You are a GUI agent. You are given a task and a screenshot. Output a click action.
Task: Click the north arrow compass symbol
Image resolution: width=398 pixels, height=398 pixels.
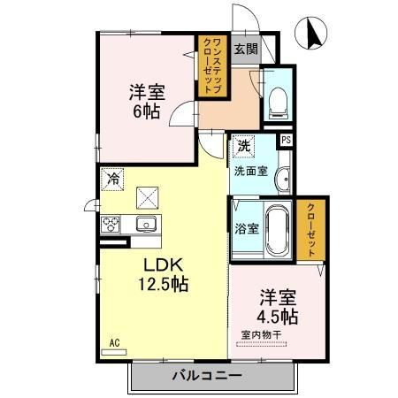(x=310, y=33)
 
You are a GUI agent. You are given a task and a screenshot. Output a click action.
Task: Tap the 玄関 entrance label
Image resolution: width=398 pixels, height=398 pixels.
(x=246, y=49)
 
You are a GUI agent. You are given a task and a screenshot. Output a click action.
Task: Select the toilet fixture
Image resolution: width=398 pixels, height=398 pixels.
(x=278, y=103)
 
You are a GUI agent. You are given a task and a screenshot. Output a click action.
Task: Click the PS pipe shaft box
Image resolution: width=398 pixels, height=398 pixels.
(x=286, y=140)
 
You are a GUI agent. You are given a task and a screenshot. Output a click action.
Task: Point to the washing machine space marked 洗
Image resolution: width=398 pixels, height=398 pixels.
(x=243, y=146)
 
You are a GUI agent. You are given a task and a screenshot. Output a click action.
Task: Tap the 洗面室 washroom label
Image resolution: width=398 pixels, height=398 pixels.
(x=251, y=171)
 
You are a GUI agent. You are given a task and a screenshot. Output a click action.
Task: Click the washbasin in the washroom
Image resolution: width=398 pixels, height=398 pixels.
(x=283, y=179)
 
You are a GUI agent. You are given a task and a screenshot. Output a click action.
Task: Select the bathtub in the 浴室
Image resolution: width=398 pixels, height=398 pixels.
(x=277, y=230)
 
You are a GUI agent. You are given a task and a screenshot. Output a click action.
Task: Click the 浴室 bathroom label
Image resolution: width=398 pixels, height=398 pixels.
(x=247, y=228)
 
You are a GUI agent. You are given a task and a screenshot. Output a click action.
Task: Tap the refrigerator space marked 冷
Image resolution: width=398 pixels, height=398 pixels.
(x=112, y=179)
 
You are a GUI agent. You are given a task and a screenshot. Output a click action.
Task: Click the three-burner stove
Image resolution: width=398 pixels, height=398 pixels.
(x=111, y=225)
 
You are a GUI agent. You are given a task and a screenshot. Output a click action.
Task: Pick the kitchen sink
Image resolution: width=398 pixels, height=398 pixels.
(x=146, y=224)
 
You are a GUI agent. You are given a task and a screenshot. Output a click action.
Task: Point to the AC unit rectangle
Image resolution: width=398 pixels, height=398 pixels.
(x=114, y=352)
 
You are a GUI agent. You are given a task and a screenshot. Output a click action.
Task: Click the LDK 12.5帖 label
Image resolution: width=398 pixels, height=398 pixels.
(x=164, y=274)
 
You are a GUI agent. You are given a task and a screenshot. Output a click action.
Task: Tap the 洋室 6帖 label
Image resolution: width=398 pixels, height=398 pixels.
(x=147, y=102)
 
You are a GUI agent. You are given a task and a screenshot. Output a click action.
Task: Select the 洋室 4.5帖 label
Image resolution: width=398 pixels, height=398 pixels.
(x=278, y=307)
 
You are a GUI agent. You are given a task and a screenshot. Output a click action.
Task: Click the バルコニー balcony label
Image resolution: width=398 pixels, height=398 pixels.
(x=207, y=376)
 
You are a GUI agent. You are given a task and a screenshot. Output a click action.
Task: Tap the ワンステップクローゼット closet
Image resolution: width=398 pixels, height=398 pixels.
(x=212, y=66)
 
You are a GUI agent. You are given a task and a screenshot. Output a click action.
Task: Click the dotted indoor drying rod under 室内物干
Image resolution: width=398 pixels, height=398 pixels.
(x=262, y=344)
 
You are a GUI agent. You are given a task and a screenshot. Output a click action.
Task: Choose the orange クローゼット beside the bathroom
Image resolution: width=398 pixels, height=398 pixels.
(x=311, y=230)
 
